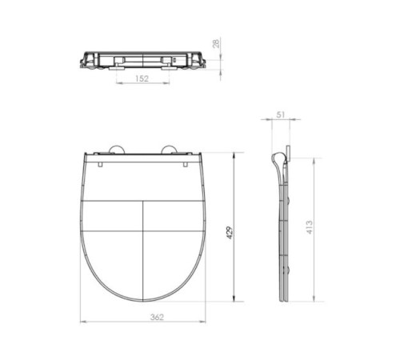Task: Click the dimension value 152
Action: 142,78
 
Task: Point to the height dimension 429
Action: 230,231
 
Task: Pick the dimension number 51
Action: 279,115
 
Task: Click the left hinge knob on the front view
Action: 114,148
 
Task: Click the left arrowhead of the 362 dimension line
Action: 83,322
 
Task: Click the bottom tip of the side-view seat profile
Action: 285,302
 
